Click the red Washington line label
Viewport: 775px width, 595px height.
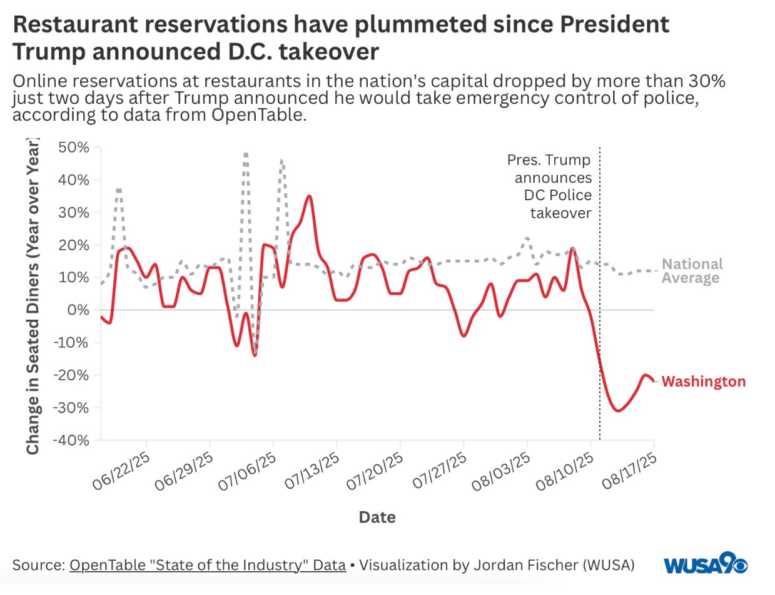[x=703, y=382]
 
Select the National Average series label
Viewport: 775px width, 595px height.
[x=692, y=271]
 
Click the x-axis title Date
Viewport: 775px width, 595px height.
[x=377, y=517]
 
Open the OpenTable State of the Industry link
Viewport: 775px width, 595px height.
[x=208, y=565]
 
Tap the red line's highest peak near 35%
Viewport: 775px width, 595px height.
[x=309, y=196]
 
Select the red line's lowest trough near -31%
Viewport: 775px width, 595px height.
[x=617, y=410]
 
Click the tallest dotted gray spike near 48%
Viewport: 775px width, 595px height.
[x=246, y=154]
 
